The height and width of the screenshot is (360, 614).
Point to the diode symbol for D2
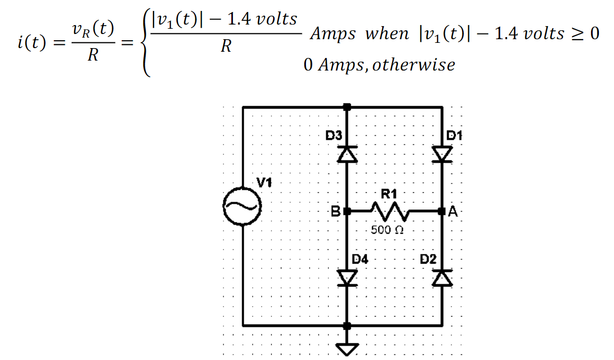pyautogui.click(x=442, y=277)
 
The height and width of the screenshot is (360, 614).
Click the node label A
pyautogui.click(x=452, y=212)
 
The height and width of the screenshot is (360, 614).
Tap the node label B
pyautogui.click(x=336, y=212)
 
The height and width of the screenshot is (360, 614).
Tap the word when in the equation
pyautogui.click(x=387, y=34)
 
